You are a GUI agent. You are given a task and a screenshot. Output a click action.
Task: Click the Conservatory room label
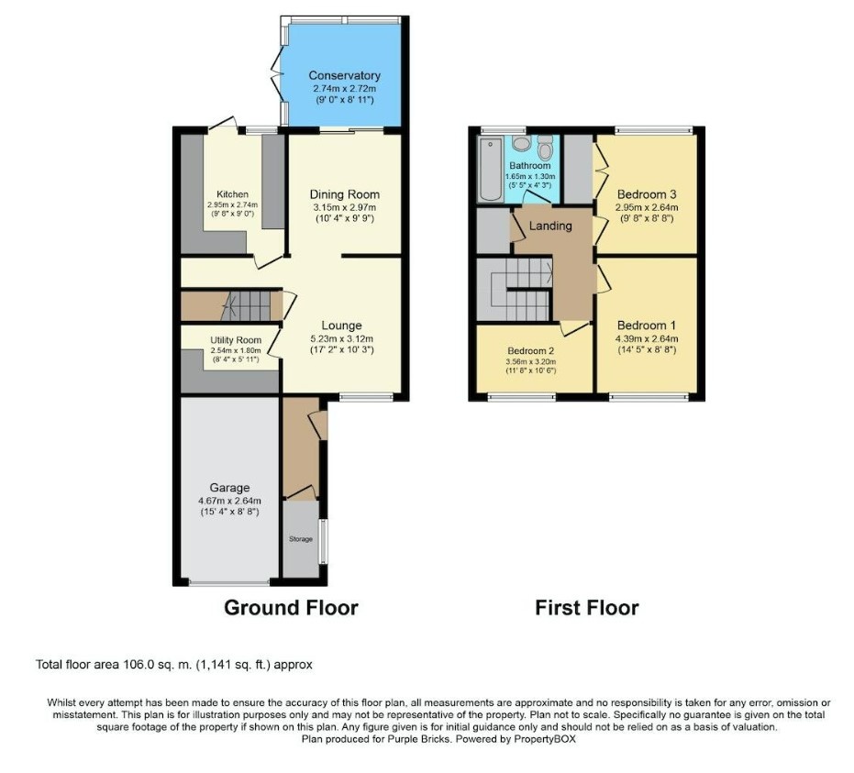click(344, 75)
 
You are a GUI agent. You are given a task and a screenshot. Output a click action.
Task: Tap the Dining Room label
click(344, 194)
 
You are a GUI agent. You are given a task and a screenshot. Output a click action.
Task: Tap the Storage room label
click(301, 538)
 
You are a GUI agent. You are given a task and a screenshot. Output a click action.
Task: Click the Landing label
click(550, 226)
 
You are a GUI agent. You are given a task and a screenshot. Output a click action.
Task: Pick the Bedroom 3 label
click(647, 194)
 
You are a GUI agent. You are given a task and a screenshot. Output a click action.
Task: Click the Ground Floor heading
click(291, 608)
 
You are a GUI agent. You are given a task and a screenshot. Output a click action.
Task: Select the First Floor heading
click(587, 608)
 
